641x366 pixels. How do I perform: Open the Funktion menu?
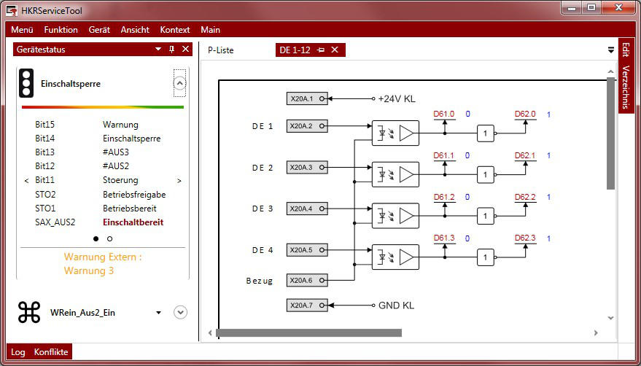coord(61,30)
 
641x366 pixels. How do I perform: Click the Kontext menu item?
coord(174,30)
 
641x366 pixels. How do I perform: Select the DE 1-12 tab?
coord(295,50)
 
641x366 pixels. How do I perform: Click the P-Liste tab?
coord(221,50)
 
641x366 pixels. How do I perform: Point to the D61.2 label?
coord(444,197)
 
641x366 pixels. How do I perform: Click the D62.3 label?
coord(525,238)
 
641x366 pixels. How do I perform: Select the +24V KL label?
coord(397,98)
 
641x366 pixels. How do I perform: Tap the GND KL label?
coord(396,305)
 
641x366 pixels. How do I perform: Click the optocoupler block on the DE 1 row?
coord(395,133)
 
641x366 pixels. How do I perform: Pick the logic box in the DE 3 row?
coord(486,216)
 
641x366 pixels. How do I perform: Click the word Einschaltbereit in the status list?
coord(133,222)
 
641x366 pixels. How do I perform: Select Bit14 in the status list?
coord(45,139)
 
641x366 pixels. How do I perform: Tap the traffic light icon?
coord(27,84)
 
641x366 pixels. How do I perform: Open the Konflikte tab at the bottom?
coord(51,352)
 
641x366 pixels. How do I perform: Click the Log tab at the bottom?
coord(18,352)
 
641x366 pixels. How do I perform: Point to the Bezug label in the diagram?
coord(259,281)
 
